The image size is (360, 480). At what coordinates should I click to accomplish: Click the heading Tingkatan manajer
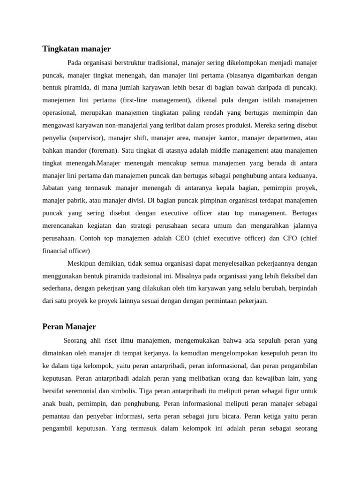[x=76, y=49]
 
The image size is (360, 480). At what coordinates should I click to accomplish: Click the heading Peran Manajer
[x=69, y=326]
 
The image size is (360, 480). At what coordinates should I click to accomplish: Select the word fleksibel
[x=293, y=276]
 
